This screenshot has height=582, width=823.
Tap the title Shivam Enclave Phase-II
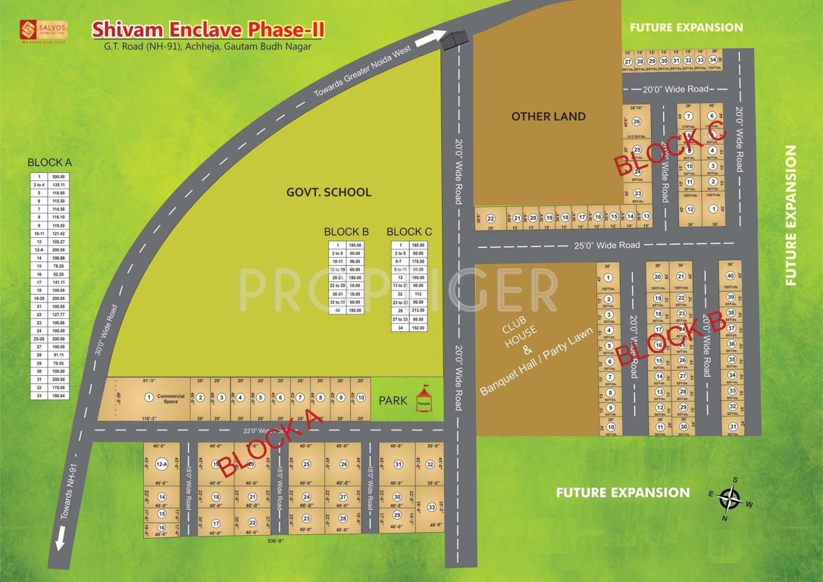point(208,30)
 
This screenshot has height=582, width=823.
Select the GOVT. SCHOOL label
point(329,192)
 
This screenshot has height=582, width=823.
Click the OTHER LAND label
point(549,116)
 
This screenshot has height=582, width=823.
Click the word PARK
point(394,399)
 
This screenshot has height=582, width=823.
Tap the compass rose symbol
point(730,498)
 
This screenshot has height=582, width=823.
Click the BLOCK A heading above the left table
point(49,162)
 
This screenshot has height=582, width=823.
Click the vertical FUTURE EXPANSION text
point(790,215)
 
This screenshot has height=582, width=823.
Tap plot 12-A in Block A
point(161,464)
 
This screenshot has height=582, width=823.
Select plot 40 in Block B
point(730,276)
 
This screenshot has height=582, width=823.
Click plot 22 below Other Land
point(490,217)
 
